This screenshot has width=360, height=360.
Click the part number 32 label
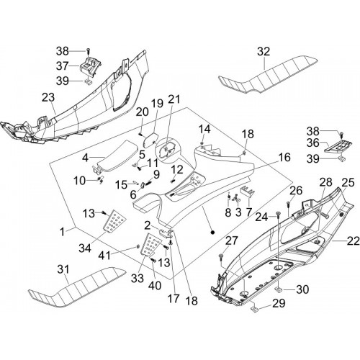(x=264, y=52)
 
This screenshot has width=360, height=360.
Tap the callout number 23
(x=48, y=98)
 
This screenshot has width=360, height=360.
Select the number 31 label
(x=63, y=269)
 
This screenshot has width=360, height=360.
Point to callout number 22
(x=354, y=241)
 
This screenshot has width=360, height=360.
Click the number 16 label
(x=284, y=158)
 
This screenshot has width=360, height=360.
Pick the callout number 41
(x=104, y=256)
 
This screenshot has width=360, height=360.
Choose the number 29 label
(x=279, y=303)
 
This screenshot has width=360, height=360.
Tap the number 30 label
(x=302, y=289)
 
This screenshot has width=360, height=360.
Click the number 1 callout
(x=62, y=232)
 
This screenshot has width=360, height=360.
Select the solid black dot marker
(x=212, y=232)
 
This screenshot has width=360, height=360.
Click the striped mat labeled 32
(x=269, y=74)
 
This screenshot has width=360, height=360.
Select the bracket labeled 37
(x=90, y=66)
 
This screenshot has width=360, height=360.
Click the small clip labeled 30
(x=279, y=290)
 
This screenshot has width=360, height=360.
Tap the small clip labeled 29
(x=255, y=309)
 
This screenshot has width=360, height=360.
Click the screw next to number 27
(x=221, y=257)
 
